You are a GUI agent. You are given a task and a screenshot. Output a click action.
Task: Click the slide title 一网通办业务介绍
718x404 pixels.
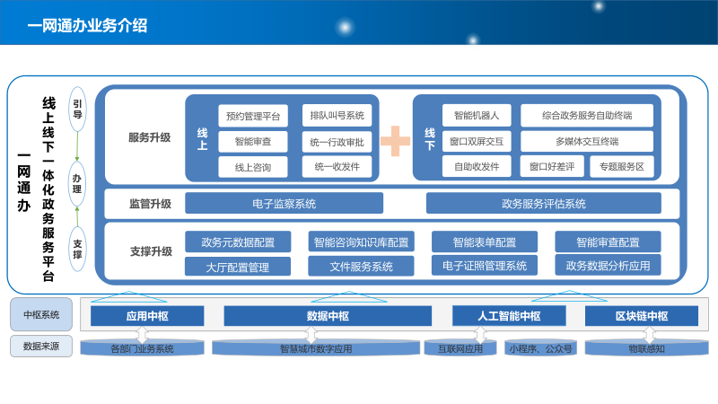pos(88,26)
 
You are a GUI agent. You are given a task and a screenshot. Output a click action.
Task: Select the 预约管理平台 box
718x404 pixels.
pos(252,116)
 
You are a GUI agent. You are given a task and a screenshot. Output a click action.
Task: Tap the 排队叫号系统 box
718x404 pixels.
pos(337,116)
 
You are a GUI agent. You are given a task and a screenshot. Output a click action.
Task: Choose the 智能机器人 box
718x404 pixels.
pos(477,116)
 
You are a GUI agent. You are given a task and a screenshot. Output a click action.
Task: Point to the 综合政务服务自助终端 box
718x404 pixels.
pos(587,116)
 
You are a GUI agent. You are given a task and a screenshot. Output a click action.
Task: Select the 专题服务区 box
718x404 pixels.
pos(621,166)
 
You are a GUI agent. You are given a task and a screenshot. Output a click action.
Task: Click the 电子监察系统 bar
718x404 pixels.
pos(284,204)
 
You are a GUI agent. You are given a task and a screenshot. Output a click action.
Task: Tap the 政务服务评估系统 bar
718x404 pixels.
pos(543,204)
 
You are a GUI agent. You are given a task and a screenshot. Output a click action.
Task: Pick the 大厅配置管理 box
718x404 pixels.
pos(238,267)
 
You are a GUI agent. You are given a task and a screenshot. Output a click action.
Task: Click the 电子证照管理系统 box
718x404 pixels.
pos(485,266)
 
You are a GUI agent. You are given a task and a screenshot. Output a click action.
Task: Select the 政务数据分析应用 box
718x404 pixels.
pos(608,266)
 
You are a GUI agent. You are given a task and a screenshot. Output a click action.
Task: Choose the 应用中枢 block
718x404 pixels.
pos(147,316)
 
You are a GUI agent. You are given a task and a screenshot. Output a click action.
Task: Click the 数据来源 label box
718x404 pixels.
pos(41,346)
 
